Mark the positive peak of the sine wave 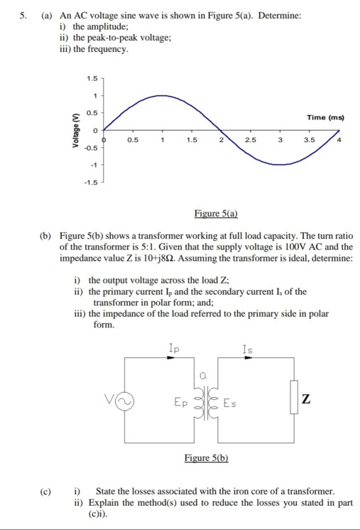pos(163,95)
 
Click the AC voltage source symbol pos(129,403)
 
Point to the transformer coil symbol pos(202,404)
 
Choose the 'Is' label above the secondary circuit pos(247,348)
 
